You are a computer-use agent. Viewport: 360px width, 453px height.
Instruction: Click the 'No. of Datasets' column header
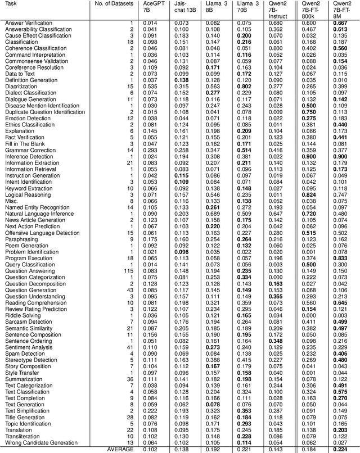[x=112, y=3]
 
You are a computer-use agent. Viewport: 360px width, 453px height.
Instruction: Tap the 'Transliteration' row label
[x=24, y=437]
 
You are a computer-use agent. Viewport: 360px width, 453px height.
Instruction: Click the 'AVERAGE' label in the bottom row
[x=120, y=449]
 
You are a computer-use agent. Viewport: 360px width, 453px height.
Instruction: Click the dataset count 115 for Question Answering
[x=129, y=270]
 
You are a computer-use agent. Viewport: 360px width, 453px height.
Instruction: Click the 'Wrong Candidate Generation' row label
[x=41, y=443]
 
